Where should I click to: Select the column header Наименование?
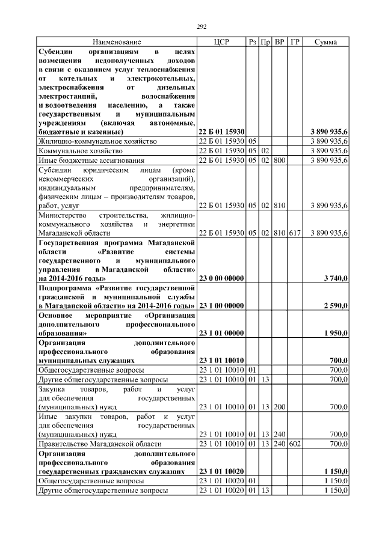coord(117,42)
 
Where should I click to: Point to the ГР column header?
coord(294,42)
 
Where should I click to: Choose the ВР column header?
coord(279,42)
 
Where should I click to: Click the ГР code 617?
coord(294,233)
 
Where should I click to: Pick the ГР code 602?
coord(294,444)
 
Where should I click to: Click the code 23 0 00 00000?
coord(221,278)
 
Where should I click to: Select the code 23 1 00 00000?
coord(221,306)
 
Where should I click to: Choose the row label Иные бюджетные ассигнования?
coord(91,160)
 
